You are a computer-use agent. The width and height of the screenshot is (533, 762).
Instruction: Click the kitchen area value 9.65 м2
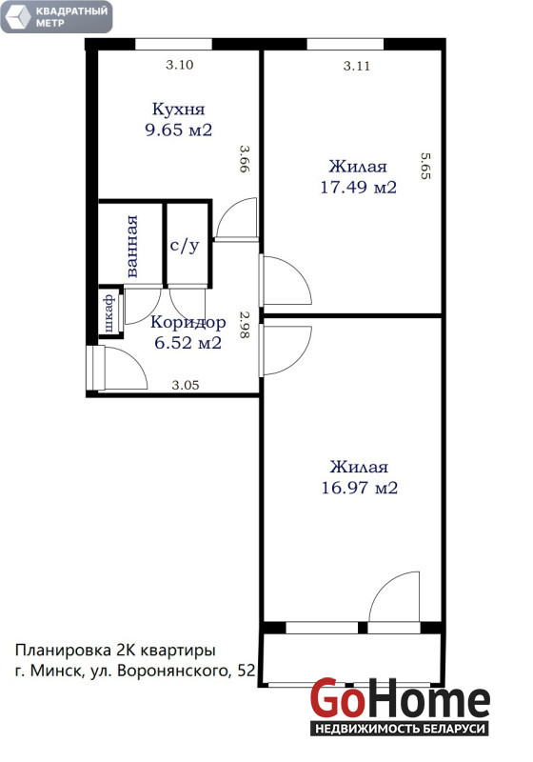pos(179,130)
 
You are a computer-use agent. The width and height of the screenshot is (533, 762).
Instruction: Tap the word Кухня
pos(179,110)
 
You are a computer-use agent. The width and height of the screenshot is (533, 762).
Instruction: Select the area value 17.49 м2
pos(358,187)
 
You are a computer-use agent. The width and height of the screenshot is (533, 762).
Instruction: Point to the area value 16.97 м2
pos(359,488)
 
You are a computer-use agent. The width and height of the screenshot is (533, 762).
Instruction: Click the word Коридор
pos(188,322)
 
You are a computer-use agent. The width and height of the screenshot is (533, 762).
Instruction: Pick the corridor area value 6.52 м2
pos(188,343)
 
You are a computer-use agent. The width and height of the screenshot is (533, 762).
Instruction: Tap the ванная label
pos(131,247)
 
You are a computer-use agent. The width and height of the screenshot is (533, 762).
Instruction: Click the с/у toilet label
pos(185,246)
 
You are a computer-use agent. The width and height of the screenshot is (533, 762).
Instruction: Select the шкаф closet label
pos(109,312)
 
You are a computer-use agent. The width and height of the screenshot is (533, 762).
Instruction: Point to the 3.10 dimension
pos(180,65)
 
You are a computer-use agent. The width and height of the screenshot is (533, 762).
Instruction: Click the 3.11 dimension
pos(357,66)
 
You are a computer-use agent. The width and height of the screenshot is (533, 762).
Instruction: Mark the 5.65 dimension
pos(425,166)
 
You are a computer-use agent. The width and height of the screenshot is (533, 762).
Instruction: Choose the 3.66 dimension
pos(245,158)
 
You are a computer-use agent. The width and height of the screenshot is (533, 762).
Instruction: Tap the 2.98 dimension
pos(245,324)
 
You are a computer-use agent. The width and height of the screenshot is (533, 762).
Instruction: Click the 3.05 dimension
pos(186,386)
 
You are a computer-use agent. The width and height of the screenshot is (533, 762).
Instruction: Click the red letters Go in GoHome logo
pos(338,698)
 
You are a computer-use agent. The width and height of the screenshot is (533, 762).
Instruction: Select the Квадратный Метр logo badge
pos(56,16)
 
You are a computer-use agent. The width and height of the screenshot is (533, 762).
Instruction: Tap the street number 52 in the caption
pos(247,672)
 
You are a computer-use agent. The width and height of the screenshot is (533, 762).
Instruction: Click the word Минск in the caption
pos(57,672)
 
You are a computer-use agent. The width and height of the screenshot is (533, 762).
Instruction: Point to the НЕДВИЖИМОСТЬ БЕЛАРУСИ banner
pos(400,729)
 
